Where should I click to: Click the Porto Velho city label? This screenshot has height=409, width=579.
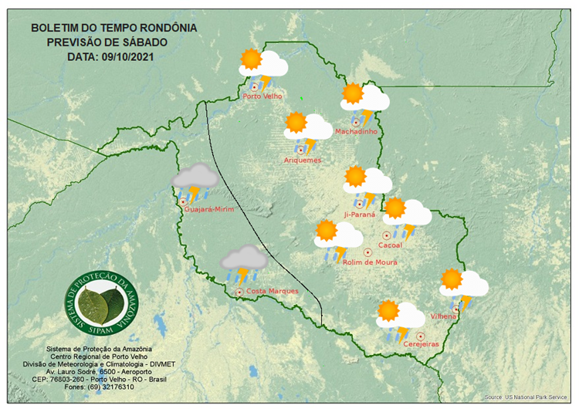[x=262, y=96]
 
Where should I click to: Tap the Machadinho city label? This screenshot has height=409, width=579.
[x=356, y=132]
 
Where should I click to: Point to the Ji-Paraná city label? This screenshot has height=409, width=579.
[x=359, y=214]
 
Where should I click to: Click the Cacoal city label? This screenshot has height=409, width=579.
[x=389, y=245]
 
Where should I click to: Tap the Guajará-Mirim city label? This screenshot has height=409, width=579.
[x=208, y=209]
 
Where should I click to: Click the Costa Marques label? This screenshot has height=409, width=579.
[x=272, y=291]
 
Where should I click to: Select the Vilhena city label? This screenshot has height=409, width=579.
[x=445, y=316]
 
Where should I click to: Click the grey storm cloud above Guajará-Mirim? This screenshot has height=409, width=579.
[x=195, y=177]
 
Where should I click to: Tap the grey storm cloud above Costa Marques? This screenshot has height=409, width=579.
[x=245, y=259]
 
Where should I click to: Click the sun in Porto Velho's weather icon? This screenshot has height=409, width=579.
[x=251, y=59]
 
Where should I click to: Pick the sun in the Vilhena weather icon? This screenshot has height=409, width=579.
[x=451, y=279]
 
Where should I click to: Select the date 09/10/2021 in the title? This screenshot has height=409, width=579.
[x=134, y=56]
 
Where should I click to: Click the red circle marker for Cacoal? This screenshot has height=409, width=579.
[x=387, y=235]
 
